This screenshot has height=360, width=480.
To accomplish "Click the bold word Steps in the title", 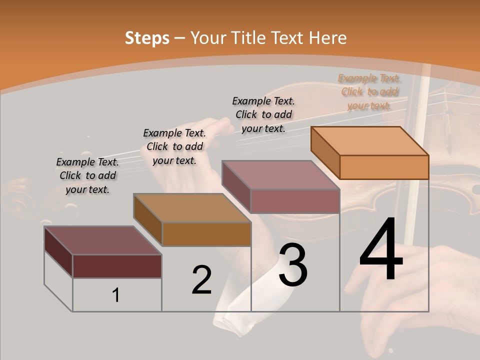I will pyautogui.click(x=147, y=38).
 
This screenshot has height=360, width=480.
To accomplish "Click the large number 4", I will pyautogui.click(x=381, y=250).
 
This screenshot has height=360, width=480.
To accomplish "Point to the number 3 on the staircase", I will pyautogui.click(x=293, y=265).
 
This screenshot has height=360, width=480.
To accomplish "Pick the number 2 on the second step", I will pyautogui.click(x=201, y=280).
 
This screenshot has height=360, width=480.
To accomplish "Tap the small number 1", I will pyautogui.click(x=116, y=295).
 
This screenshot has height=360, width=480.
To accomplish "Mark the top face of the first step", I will pyautogui.click(x=103, y=240).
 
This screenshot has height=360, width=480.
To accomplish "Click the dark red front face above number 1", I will pyautogui.click(x=117, y=266).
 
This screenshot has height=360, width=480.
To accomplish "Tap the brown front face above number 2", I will pyautogui.click(x=206, y=234).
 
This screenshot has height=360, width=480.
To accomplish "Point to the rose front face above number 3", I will pyautogui.click(x=295, y=201).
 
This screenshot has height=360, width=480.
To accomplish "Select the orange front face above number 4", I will pyautogui.click(x=384, y=167).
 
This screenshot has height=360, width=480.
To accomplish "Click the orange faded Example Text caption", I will pyautogui.click(x=369, y=92).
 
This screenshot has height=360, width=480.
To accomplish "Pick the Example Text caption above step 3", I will pyautogui.click(x=263, y=114).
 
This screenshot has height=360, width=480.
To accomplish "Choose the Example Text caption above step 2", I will pyautogui.click(x=174, y=146).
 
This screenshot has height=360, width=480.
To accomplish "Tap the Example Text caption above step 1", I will pyautogui.click(x=87, y=175).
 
